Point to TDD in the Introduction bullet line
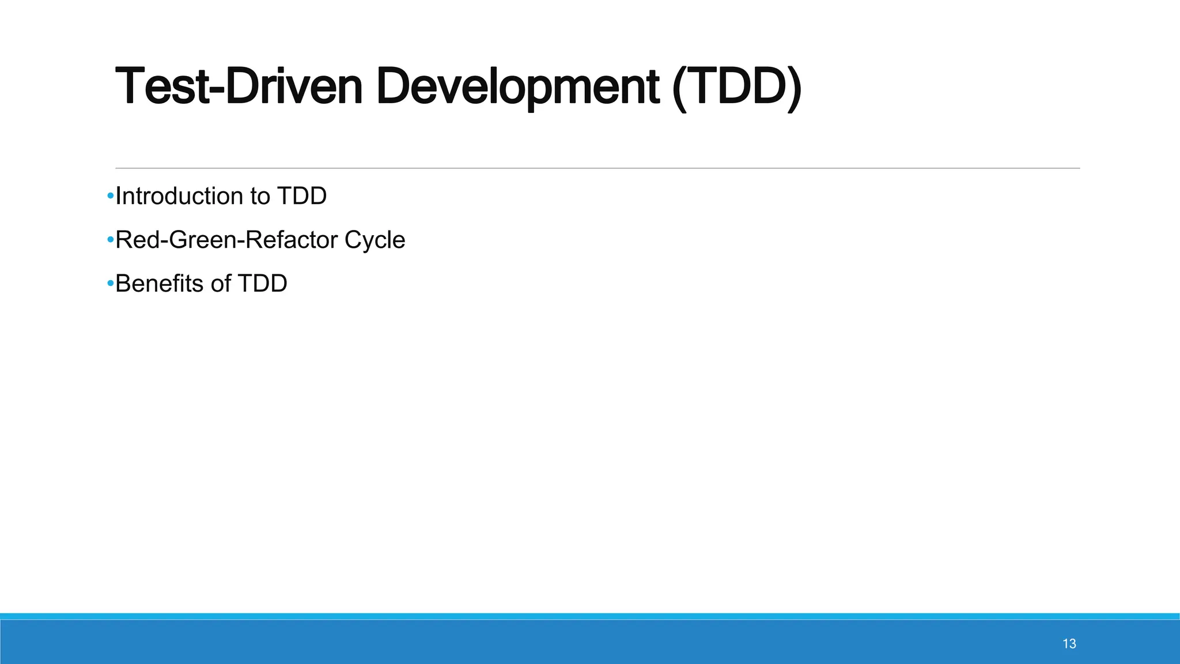[x=302, y=197]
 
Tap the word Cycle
[x=375, y=240]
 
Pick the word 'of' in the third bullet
[x=221, y=284]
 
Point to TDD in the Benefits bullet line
[x=262, y=284]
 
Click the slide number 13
[x=1069, y=644]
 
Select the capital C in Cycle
[x=352, y=240]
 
